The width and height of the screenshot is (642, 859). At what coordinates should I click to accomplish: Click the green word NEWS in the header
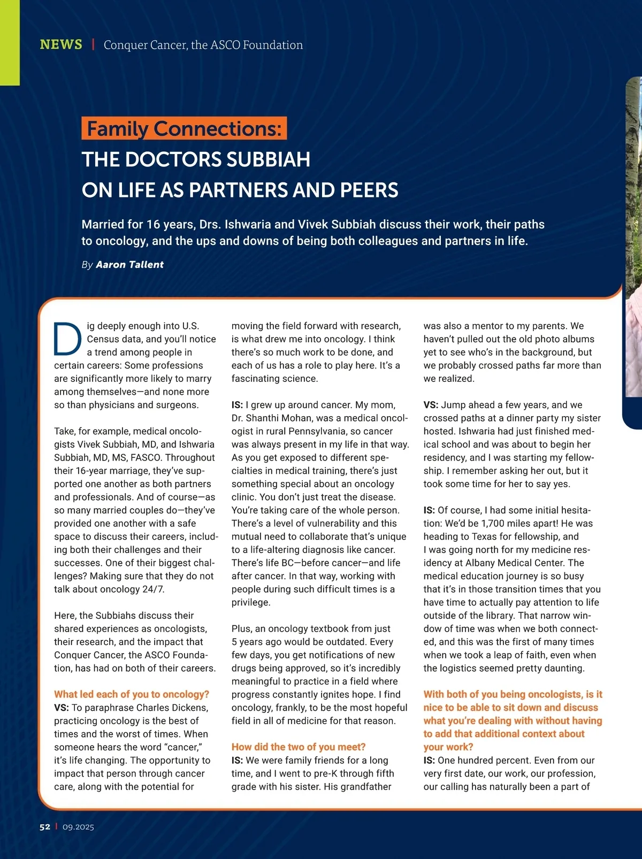tap(61, 44)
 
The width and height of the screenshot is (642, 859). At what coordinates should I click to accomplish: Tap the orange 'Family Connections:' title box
tap(184, 128)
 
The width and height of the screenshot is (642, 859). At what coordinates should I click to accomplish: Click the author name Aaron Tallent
tap(129, 265)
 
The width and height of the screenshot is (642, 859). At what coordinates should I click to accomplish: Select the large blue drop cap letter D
tap(68, 339)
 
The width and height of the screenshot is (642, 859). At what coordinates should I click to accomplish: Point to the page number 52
tap(45, 827)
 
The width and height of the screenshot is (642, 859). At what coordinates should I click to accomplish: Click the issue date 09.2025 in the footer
tap(78, 827)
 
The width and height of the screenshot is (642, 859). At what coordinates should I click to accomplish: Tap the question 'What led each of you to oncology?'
tap(132, 694)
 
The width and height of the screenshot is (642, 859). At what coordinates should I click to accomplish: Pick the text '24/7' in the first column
tap(154, 589)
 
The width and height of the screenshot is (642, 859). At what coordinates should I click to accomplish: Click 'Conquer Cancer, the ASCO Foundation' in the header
tap(203, 45)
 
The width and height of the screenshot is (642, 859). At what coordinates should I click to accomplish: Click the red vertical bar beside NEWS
tap(93, 44)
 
